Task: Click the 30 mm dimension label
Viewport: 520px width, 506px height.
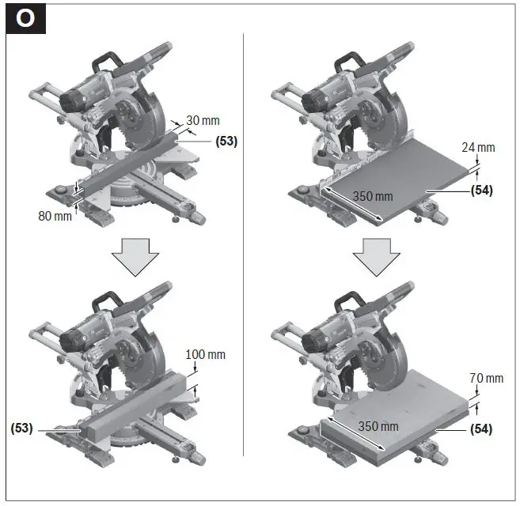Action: pos(203,121)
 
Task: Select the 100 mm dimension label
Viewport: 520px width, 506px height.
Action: pos(206,354)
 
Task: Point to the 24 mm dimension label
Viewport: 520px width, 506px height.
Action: pos(479,147)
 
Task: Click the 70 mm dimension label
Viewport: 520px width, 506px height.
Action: pos(485,378)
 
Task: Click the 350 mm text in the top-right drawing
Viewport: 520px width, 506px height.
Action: pos(372,196)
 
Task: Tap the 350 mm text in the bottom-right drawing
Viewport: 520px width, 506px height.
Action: pos(378,427)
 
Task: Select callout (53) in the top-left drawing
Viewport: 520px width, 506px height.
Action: pos(226,142)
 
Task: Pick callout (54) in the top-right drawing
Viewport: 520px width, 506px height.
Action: pos(481,191)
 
